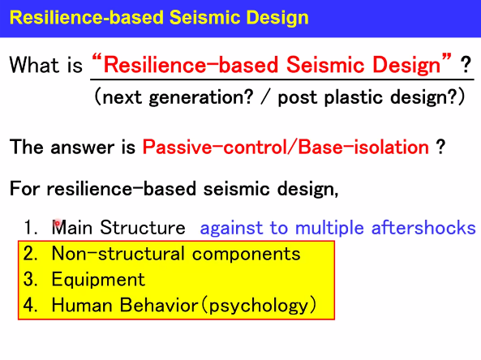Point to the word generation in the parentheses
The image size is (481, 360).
tap(201, 97)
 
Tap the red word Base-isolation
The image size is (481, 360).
tap(363, 147)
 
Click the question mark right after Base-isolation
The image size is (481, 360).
tap(440, 148)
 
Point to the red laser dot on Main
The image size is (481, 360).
tap(57, 224)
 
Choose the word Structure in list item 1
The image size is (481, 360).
tap(143, 228)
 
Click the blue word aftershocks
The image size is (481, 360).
tap(423, 228)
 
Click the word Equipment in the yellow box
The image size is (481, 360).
tap(98, 280)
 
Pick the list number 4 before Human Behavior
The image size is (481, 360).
tap(30, 305)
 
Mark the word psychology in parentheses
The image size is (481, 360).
tap(259, 306)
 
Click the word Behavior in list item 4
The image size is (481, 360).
tap(159, 305)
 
